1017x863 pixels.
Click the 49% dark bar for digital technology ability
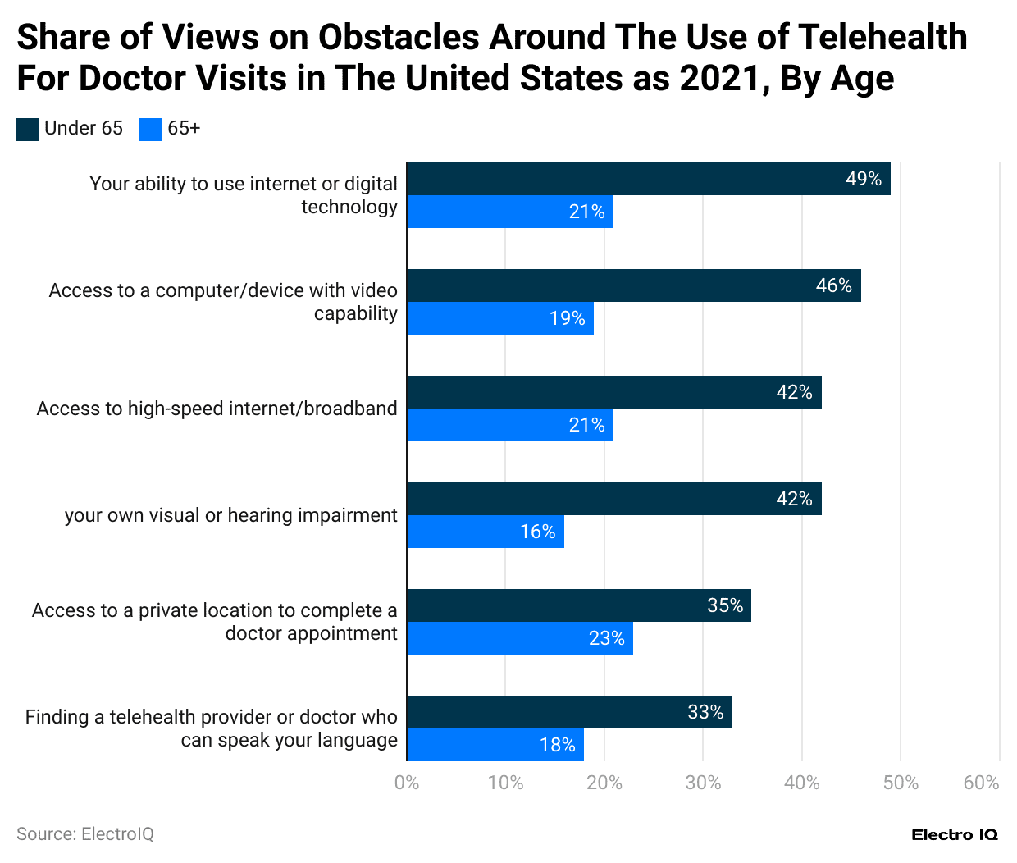648,179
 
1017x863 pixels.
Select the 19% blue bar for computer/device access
499,318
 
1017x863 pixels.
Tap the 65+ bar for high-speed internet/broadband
509,425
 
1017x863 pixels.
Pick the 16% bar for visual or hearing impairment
485,532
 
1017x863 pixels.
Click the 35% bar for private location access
578,605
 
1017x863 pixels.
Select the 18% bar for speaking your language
495,745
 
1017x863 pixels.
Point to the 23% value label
606,638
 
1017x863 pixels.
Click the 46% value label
833,285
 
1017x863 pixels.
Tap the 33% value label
705,712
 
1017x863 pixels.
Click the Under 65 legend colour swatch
28,129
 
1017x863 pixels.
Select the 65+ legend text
184,128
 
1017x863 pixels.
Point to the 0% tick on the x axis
407,783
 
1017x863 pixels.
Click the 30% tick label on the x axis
703,783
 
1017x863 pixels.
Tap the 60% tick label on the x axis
981,783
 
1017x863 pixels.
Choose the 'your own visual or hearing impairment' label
230,515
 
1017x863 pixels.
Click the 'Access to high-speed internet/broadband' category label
217,409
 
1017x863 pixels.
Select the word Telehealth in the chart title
882,37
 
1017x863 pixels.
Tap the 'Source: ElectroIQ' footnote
85,834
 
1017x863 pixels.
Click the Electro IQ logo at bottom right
955,835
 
